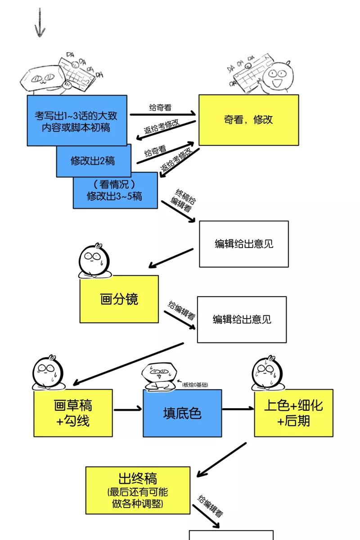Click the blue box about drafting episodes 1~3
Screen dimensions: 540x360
coord(76,120)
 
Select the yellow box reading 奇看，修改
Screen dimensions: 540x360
coord(248,120)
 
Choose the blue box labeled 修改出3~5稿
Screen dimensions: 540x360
coord(115,190)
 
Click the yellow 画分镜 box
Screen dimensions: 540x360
coord(119,299)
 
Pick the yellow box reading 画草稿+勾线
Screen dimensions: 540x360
coord(73,413)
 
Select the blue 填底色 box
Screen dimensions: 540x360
coord(182,413)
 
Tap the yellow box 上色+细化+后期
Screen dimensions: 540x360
coord(293,413)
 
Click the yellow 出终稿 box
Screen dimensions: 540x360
coord(138,490)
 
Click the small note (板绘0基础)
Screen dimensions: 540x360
coord(195,384)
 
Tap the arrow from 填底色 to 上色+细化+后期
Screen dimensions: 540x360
coord(238,409)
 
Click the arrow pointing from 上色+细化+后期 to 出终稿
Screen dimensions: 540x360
coord(222,459)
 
